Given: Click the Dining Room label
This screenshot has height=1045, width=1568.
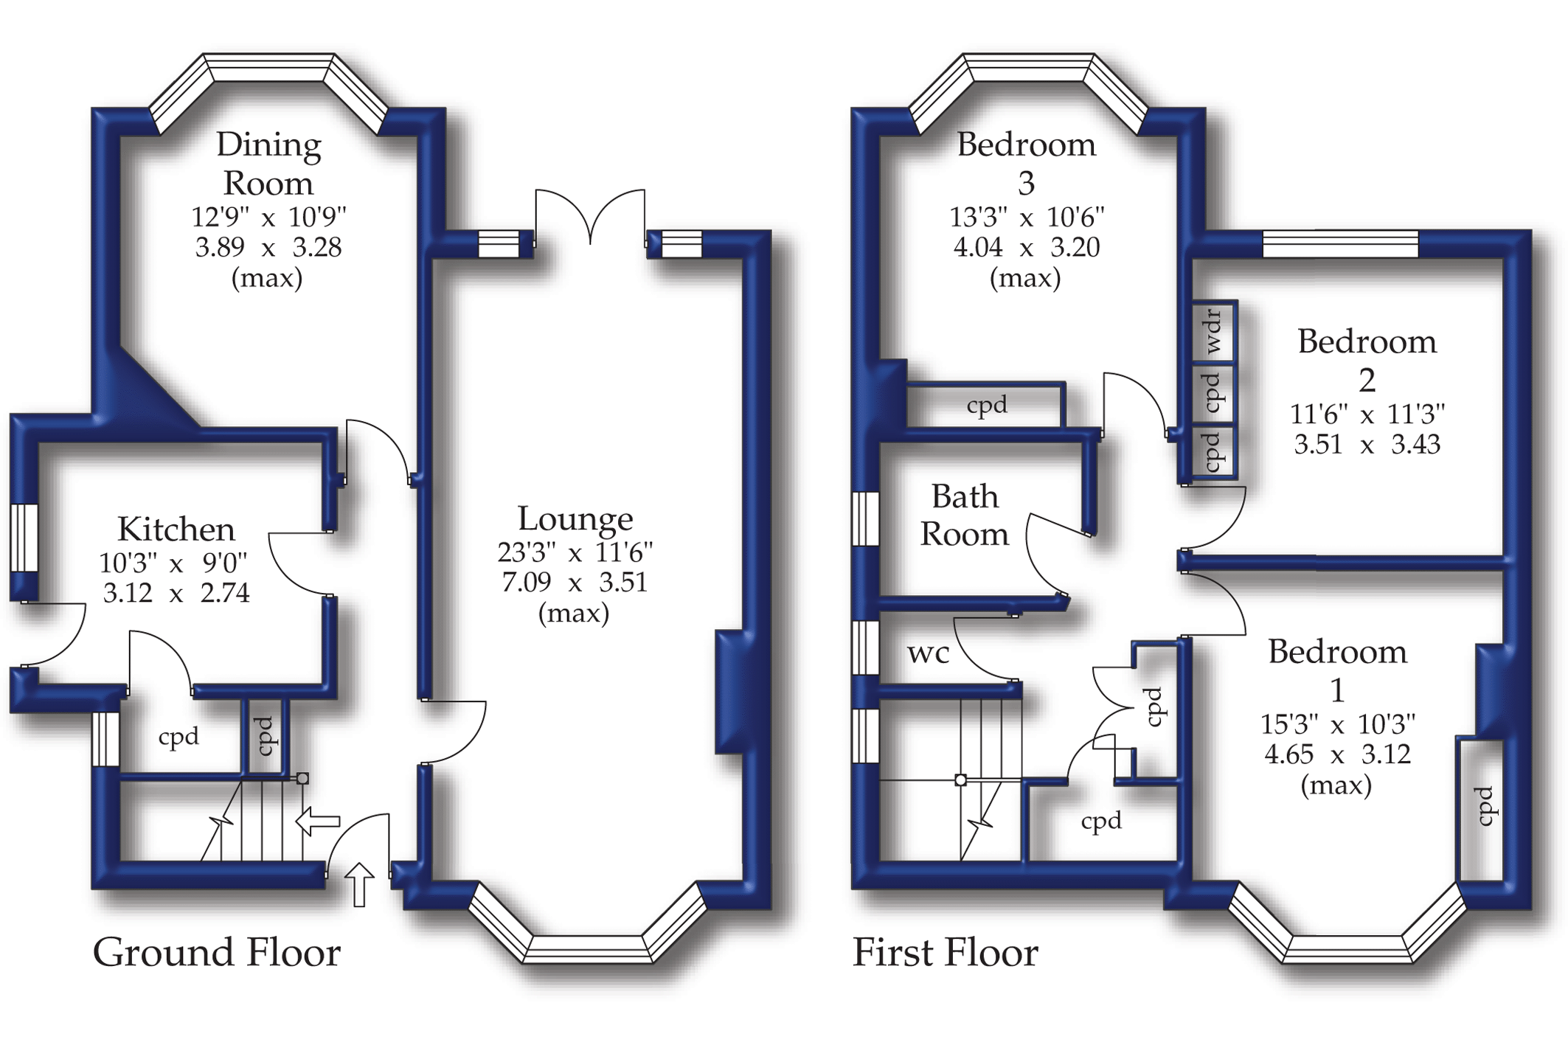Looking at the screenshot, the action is pyautogui.click(x=268, y=164).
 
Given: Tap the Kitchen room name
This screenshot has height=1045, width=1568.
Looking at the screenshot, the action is pyautogui.click(x=176, y=530).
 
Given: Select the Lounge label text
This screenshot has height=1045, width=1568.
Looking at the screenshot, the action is pyautogui.click(x=575, y=519).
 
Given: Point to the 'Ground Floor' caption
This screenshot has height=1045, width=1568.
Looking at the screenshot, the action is pyautogui.click(x=217, y=952).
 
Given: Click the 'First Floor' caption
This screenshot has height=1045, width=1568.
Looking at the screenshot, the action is pyautogui.click(x=946, y=952).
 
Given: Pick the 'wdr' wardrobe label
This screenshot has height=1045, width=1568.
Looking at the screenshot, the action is pyautogui.click(x=1213, y=332).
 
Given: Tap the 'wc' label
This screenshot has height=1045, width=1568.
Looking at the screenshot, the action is pyautogui.click(x=928, y=653).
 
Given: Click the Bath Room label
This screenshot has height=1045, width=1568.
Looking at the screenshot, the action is pyautogui.click(x=965, y=515).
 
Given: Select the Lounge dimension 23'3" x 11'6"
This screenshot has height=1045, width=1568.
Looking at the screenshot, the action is pyautogui.click(x=575, y=552).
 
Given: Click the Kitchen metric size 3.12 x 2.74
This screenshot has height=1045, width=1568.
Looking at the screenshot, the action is pyautogui.click(x=176, y=593).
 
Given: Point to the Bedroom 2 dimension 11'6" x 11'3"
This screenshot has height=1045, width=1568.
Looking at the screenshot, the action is pyautogui.click(x=1367, y=414).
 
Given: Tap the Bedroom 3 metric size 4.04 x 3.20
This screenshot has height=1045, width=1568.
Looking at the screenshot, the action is pyautogui.click(x=1026, y=247).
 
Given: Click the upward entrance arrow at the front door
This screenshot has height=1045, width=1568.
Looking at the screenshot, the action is pyautogui.click(x=359, y=884).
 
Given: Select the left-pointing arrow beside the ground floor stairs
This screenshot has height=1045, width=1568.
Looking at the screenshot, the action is pyautogui.click(x=318, y=821).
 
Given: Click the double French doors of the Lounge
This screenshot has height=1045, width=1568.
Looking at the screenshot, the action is pyautogui.click(x=590, y=218).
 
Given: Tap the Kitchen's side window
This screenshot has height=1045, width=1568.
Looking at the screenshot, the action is pyautogui.click(x=24, y=537).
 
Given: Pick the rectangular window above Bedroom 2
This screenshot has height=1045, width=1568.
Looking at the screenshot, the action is pyautogui.click(x=1340, y=244).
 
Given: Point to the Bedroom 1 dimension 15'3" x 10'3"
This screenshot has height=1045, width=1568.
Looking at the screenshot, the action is pyautogui.click(x=1337, y=724).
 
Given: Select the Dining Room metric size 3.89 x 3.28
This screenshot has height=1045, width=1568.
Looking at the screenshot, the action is pyautogui.click(x=268, y=247).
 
